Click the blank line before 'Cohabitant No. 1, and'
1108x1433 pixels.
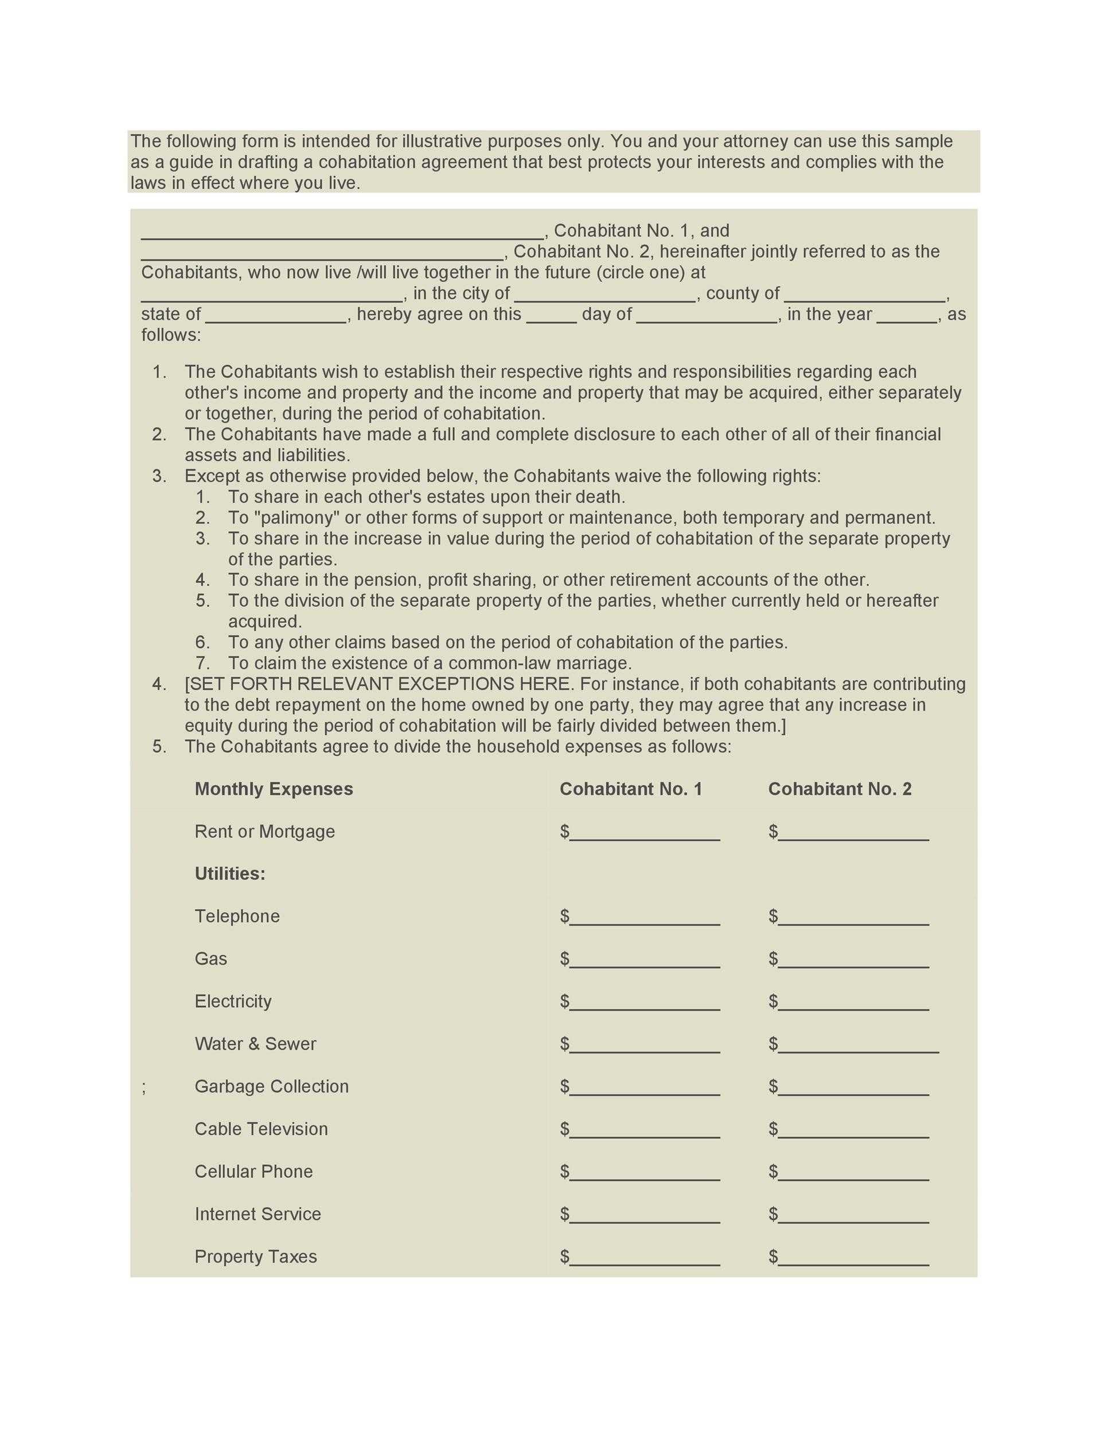click(x=342, y=233)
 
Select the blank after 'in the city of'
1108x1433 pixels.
click(x=604, y=295)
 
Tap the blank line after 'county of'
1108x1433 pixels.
click(x=864, y=295)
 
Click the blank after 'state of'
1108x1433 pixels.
click(x=276, y=316)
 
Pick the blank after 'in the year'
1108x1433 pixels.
click(x=907, y=316)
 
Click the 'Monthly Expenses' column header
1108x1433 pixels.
click(x=274, y=789)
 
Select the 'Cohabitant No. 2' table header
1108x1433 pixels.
click(x=840, y=789)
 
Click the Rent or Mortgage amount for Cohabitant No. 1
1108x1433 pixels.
click(x=644, y=834)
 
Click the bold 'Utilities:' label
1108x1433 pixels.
click(x=230, y=874)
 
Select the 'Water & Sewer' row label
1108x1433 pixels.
click(x=255, y=1044)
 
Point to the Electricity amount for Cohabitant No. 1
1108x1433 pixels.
click(x=644, y=1004)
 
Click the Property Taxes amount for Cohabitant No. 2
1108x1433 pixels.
click(x=853, y=1259)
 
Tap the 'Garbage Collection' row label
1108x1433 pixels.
click(x=271, y=1087)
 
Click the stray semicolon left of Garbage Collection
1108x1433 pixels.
click(x=144, y=1087)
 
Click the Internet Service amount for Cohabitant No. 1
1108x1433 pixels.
click(x=644, y=1216)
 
